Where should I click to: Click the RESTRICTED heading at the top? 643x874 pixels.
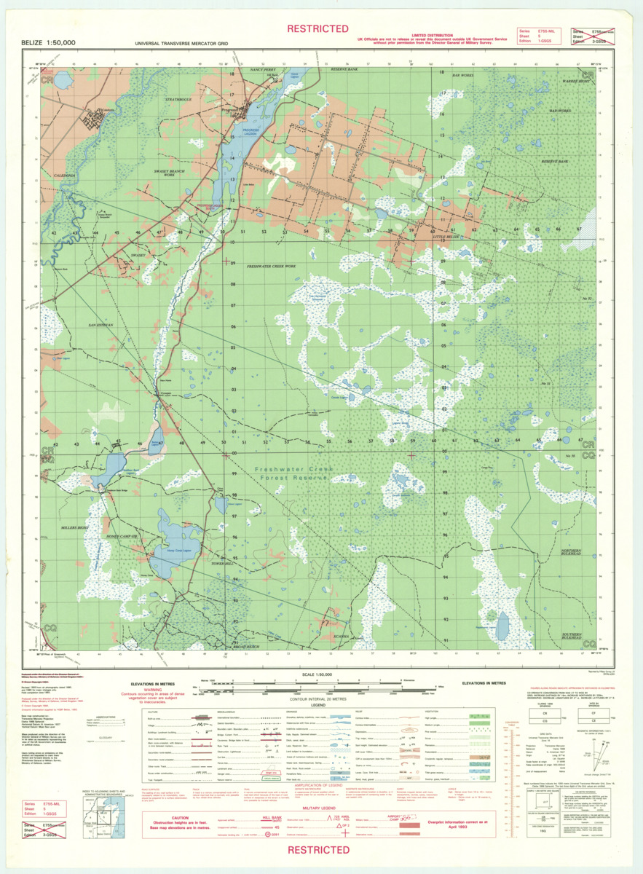tap(317, 28)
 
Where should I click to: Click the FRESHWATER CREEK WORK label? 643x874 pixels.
tap(269, 267)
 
